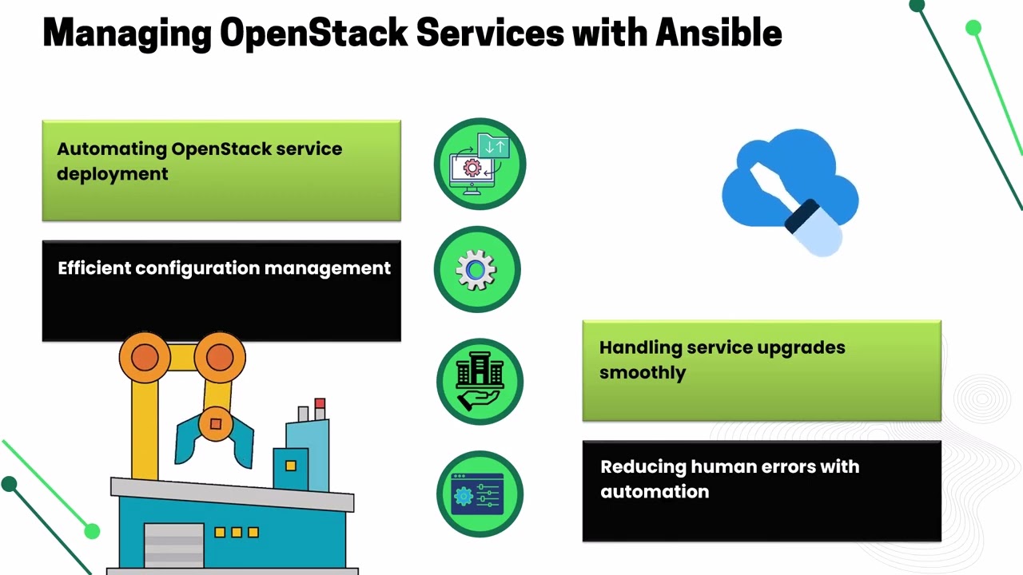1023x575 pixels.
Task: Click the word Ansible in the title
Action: click(718, 33)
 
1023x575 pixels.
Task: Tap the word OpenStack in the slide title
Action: click(313, 33)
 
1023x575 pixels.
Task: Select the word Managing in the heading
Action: click(126, 33)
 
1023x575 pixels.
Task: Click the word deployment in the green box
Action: click(113, 174)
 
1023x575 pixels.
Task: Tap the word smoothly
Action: click(643, 373)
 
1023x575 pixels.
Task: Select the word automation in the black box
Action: click(655, 492)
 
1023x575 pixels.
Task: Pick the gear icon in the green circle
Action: click(476, 270)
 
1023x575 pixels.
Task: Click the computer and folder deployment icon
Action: click(480, 163)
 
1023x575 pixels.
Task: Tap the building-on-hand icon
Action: click(480, 382)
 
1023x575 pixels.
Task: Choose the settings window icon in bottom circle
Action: click(479, 494)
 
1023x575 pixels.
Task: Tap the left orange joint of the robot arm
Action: click(145, 358)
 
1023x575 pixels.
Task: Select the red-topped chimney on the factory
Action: click(320, 408)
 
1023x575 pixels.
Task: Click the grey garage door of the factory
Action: click(173, 545)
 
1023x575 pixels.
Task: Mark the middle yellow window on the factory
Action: click(237, 532)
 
